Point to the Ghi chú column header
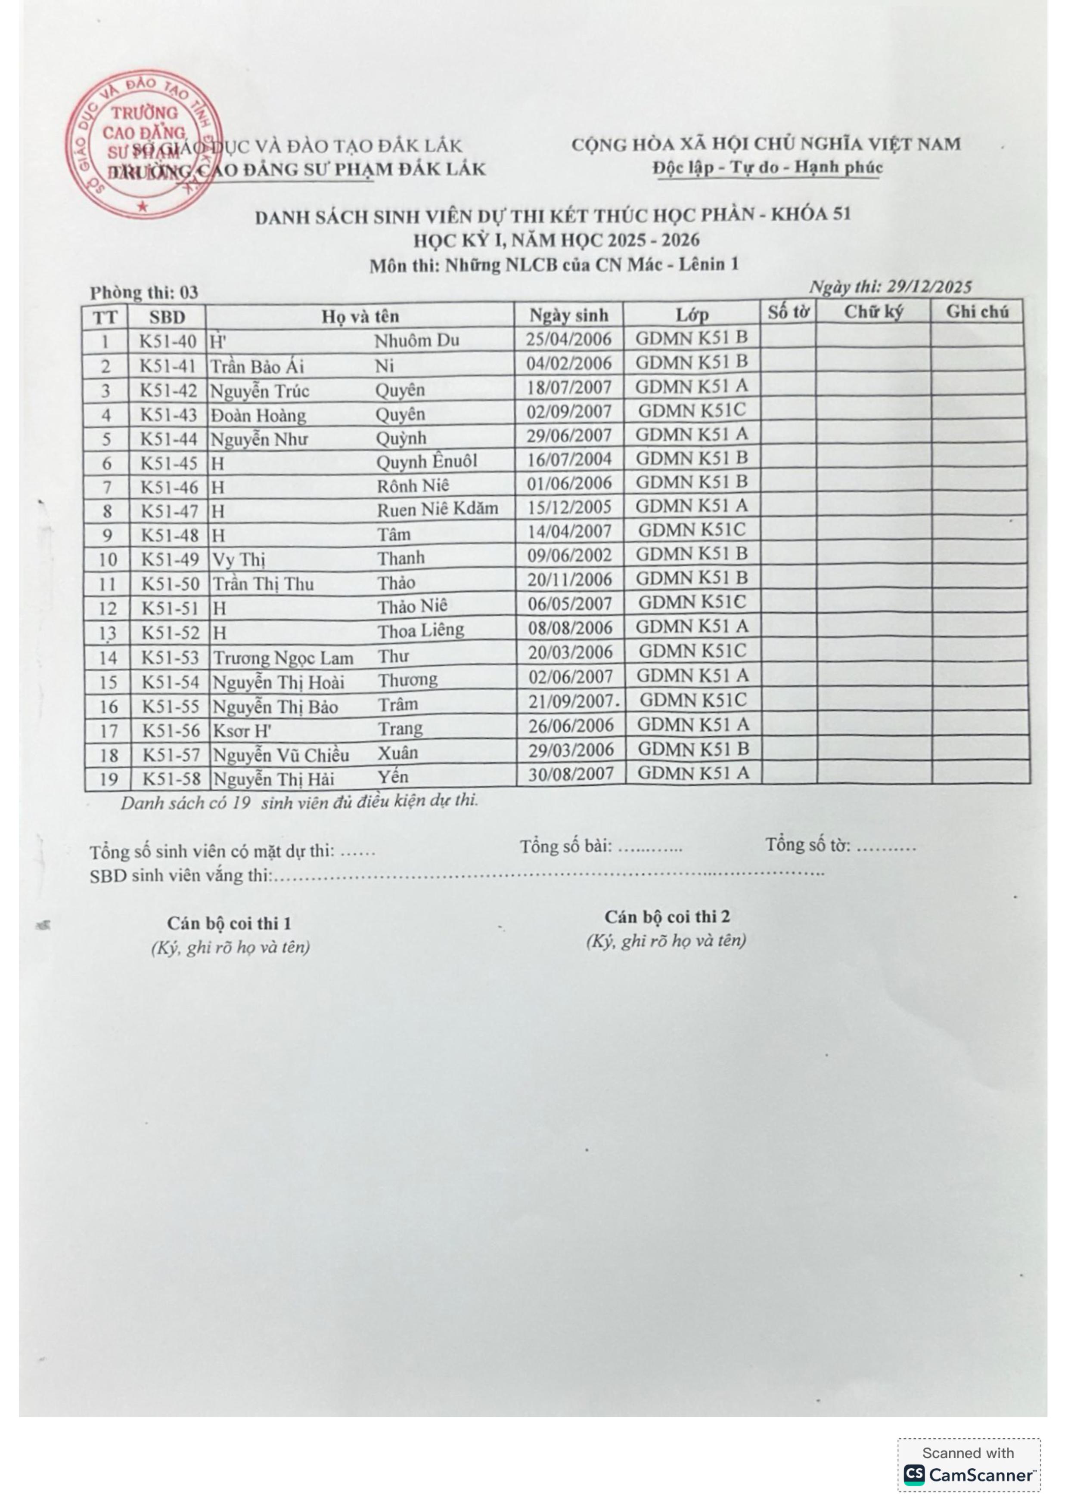pyautogui.click(x=977, y=311)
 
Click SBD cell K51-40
pyautogui.click(x=168, y=341)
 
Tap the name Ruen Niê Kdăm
pyautogui.click(x=437, y=508)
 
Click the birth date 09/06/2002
pyautogui.click(x=569, y=556)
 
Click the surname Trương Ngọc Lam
pyautogui.click(x=283, y=658)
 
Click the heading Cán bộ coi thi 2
pyautogui.click(x=667, y=917)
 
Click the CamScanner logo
pyautogui.click(x=968, y=1474)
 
